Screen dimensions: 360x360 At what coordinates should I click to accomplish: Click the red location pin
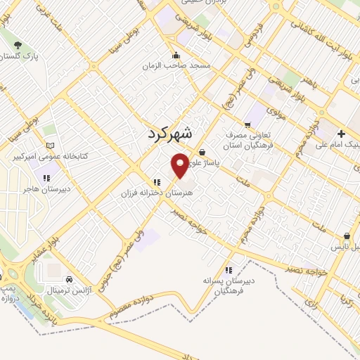(181, 164)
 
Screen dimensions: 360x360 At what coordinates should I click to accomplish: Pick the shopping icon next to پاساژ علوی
(202, 151)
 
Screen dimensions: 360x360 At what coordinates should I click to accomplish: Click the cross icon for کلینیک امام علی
(341, 134)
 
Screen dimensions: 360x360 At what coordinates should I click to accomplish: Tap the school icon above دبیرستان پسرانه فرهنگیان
(229, 270)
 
